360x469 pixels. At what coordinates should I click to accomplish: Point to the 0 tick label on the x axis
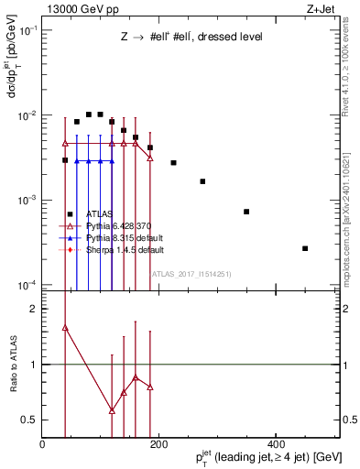coord(43,444)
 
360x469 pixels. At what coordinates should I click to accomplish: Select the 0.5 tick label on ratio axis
coord(30,420)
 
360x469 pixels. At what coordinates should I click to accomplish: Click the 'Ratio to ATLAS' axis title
coord(12,364)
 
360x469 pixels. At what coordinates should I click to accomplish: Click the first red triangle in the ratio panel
coord(65,327)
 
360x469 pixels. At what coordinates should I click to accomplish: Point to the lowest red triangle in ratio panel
coord(112,410)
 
